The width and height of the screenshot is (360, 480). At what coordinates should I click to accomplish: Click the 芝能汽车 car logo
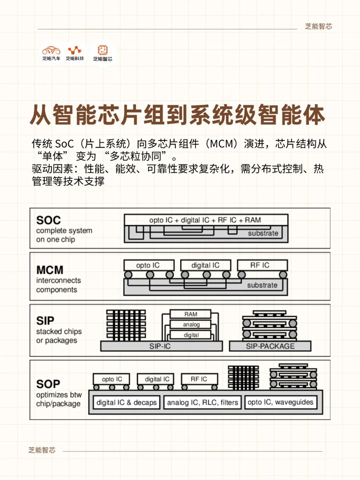pos(51,51)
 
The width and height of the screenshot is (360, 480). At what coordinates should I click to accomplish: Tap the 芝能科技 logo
pos(75,50)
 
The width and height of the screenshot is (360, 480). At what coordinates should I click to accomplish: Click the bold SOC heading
pos(48,220)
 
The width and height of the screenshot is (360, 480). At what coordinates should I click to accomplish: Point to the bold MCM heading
pos(50,270)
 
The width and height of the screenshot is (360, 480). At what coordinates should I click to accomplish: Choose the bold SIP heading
pos(45,321)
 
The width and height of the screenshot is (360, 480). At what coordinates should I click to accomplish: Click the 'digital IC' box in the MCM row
pos(205,265)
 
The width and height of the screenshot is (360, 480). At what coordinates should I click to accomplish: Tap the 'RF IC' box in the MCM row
pos(262,265)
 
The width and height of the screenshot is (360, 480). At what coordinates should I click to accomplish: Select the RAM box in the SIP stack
pos(190,314)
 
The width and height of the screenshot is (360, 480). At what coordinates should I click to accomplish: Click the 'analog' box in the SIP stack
pos(190,325)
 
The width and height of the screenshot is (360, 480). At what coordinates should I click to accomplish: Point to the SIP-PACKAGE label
pos(270,346)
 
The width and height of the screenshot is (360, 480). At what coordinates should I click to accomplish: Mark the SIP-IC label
pos(160,346)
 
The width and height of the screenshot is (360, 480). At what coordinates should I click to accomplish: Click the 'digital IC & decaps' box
pos(127,402)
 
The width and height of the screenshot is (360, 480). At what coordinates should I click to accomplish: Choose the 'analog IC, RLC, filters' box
pos(202,402)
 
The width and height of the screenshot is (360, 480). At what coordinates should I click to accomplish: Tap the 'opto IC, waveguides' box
pos(281,402)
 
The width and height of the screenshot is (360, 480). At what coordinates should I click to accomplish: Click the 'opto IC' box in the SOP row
pos(111,379)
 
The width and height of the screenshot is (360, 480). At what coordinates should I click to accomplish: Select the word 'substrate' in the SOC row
pos(263,233)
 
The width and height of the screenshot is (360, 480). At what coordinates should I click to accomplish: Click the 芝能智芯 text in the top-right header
pos(318,26)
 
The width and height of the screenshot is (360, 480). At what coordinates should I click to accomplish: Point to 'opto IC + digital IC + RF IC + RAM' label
pos(205,220)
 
